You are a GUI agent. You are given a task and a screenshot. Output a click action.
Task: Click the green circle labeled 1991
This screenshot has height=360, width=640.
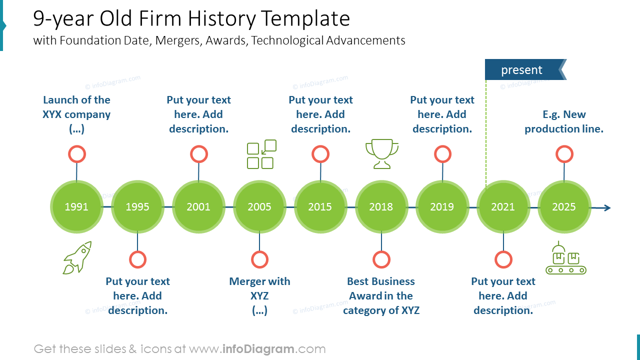tap(76, 207)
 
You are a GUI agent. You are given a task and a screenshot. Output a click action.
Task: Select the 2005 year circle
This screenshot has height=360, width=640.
tap(259, 207)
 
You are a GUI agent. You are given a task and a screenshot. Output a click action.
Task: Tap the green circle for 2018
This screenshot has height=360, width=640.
tap(381, 207)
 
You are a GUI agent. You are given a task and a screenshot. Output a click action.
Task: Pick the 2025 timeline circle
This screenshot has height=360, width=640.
tap(564, 207)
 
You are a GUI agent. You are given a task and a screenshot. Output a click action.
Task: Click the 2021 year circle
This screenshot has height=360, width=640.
tap(503, 207)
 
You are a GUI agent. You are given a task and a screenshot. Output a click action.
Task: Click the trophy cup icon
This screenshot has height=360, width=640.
tap(382, 153)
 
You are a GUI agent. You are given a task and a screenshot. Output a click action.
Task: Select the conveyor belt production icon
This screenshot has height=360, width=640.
tap(565, 258)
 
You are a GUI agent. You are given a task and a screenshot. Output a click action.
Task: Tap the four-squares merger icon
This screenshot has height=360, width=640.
tap(261, 154)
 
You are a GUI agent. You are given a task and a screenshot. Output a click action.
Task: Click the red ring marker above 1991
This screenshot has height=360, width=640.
tap(77, 154)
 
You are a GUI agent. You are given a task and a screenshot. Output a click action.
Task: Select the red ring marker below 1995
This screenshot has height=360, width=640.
tap(137, 259)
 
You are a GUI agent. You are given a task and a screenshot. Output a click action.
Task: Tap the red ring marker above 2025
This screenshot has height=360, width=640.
tap(564, 154)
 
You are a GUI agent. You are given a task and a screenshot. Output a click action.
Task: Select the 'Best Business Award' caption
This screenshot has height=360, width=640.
tap(381, 295)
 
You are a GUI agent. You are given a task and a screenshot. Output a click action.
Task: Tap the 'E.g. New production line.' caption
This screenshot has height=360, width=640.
tap(564, 121)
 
